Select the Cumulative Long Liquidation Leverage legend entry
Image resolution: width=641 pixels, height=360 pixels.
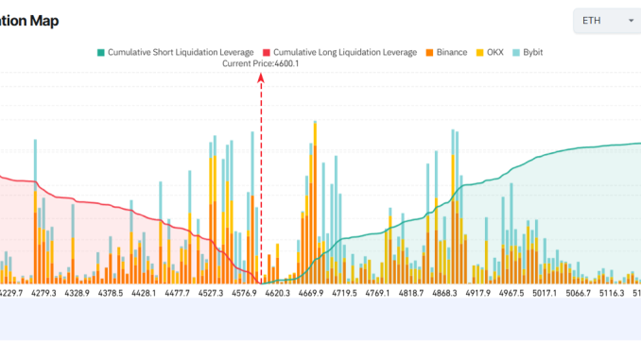click(338, 52)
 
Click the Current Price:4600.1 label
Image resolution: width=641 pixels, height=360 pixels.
click(260, 64)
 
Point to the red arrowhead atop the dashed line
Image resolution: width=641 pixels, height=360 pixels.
click(261, 81)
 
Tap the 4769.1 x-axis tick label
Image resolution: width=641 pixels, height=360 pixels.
click(377, 294)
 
